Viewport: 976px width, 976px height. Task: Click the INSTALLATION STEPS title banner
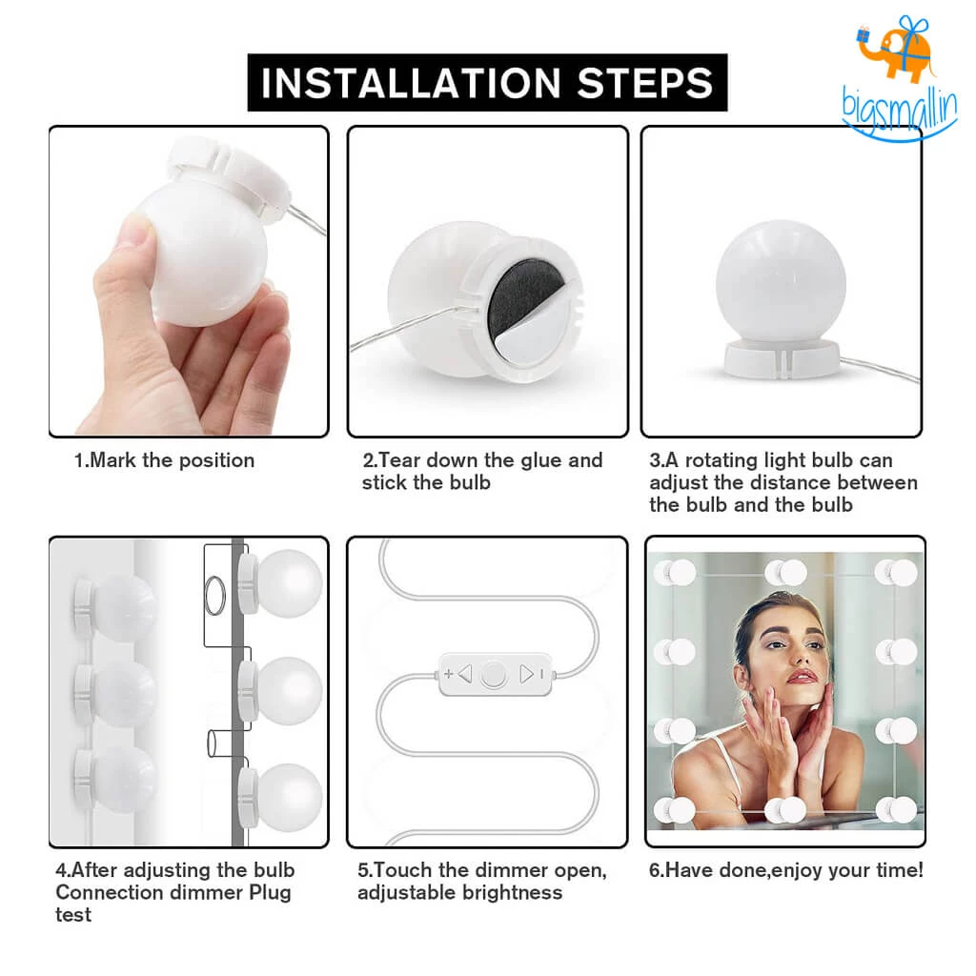pyautogui.click(x=487, y=83)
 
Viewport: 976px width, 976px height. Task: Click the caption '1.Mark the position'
pyautogui.click(x=165, y=460)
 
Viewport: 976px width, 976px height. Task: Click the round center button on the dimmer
pyautogui.click(x=493, y=675)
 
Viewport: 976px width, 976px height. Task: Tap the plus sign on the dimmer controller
pyautogui.click(x=449, y=674)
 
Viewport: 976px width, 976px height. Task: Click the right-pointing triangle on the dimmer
pyautogui.click(x=526, y=675)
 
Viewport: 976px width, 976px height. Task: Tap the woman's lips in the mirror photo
pyautogui.click(x=802, y=676)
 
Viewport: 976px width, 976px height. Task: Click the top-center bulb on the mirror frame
pyautogui.click(x=786, y=572)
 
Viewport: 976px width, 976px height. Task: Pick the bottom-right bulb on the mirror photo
pyautogui.click(x=897, y=810)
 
